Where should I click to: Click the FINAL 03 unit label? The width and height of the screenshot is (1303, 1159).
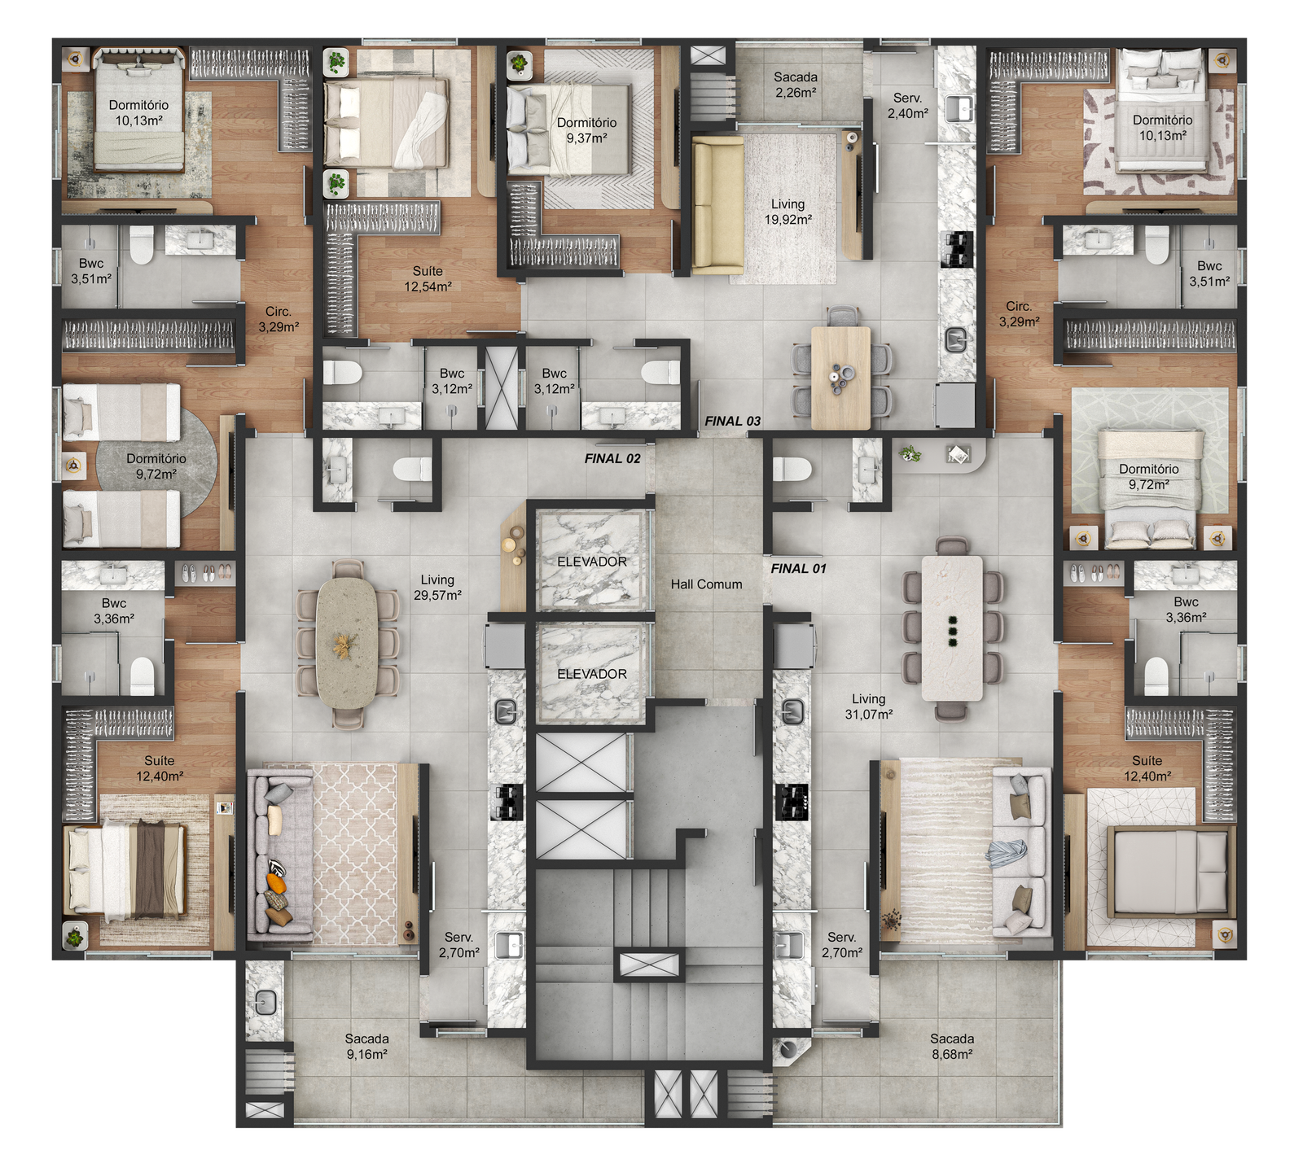732,421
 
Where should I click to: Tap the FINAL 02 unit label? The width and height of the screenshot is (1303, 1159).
612,458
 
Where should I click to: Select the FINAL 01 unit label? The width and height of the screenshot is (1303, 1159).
798,568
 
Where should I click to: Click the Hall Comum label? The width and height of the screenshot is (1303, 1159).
706,584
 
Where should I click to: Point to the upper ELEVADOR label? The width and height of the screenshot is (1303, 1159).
592,562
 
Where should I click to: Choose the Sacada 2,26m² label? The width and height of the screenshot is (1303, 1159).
796,85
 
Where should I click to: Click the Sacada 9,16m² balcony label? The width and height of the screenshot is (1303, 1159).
366,1046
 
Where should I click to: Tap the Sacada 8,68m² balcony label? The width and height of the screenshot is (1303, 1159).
952,1046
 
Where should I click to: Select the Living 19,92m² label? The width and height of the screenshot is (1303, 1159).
788,212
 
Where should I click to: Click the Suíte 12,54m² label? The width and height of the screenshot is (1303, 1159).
428,278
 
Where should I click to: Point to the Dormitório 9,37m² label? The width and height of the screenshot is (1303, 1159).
586,130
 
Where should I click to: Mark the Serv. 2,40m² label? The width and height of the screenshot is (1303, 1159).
907,106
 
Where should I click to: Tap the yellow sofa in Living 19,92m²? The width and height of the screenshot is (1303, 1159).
717,204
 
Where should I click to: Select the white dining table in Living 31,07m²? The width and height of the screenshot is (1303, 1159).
952,628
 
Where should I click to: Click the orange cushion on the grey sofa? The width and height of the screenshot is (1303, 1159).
277,883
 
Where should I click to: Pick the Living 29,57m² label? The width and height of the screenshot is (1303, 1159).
437,587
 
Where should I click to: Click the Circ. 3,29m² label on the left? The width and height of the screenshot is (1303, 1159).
279,319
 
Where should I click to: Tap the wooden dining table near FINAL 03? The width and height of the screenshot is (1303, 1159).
841,378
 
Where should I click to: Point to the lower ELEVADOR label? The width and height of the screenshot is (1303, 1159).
592,674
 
